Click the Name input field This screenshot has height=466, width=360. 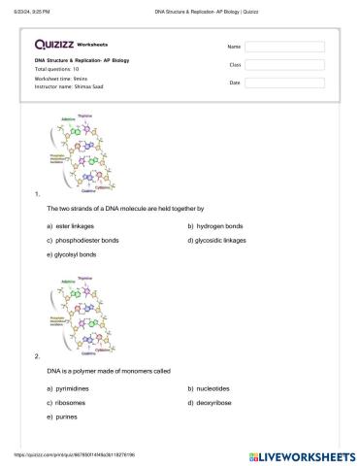click(284, 47)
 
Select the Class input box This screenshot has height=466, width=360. click(284, 64)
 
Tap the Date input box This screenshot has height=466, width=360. click(284, 83)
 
